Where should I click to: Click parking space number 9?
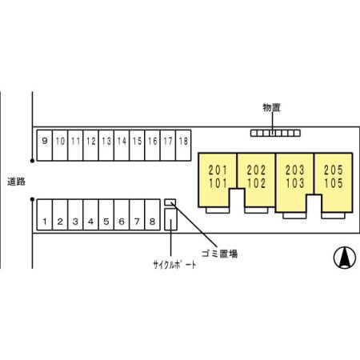[x=45, y=146]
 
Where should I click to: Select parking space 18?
[x=183, y=146]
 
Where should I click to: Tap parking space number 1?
[x=45, y=214]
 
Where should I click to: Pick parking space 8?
[x=152, y=214]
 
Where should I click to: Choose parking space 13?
[x=106, y=146]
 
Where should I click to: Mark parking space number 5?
[x=106, y=214]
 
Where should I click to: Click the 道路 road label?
[x=16, y=182]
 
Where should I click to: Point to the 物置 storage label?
[x=272, y=108]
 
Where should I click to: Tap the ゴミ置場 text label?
[x=219, y=254]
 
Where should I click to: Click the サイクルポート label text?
[x=174, y=265]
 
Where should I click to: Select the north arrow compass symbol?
[x=345, y=258]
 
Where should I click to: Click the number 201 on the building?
[x=218, y=170]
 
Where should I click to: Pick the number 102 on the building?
[x=256, y=183]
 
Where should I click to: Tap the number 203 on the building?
[x=294, y=170]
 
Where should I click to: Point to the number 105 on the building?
[x=334, y=183]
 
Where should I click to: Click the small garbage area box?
[x=170, y=202]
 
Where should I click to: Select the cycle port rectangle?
[x=170, y=219]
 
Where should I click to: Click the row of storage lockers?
[x=275, y=133]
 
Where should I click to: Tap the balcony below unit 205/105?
[x=333, y=215]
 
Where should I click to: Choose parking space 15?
[x=137, y=146]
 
